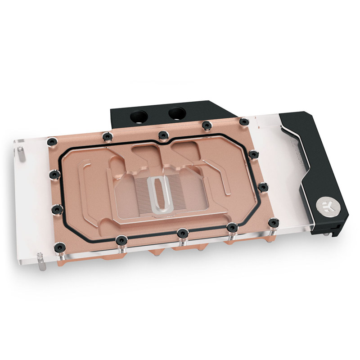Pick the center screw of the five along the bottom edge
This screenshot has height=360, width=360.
(182, 233)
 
